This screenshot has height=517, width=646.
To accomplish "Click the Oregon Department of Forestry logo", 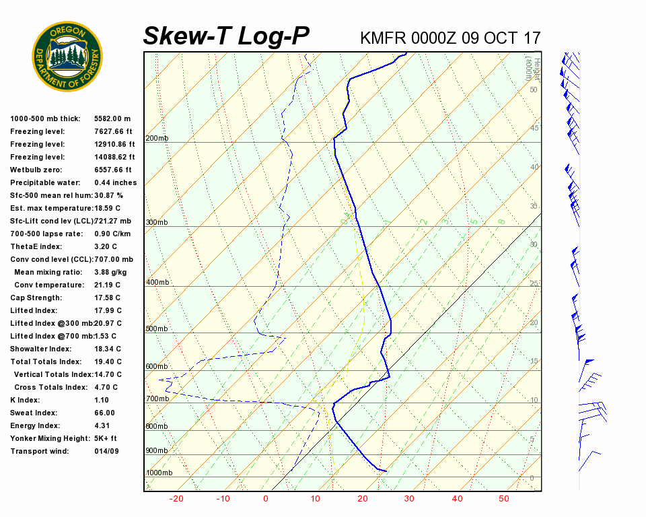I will coord(67,57).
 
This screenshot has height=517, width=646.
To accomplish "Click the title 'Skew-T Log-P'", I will coord(226,36).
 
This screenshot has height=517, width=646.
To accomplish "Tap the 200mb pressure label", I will coord(157,139).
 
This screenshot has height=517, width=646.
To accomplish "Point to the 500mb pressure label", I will coord(157,329).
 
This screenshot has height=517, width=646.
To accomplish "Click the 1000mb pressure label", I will coord(159,473).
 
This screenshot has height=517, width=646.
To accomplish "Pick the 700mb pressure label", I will coord(157,399).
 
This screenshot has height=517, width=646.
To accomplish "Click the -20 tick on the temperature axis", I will coord(176,499).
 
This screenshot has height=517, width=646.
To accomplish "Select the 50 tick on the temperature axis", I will coord(504,499).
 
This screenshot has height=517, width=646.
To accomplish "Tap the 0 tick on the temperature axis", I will coord(266,499).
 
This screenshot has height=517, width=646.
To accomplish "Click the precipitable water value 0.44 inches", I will coord(115,182).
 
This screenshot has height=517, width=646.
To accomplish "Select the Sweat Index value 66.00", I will coord(104,413).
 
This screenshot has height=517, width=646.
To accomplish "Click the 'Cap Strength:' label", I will coord(36,298).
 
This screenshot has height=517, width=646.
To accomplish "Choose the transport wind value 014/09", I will coord(106,451).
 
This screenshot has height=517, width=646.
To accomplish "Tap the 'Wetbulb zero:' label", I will coord(38,170).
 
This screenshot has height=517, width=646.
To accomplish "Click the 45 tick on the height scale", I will coord(534,128).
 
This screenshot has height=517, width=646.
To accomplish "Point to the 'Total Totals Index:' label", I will coord(46,361).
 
